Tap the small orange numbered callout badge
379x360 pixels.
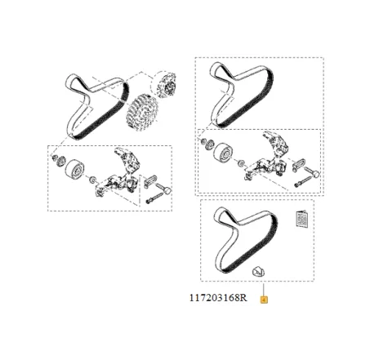tap(263, 300)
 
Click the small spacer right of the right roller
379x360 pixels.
tap(243, 162)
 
